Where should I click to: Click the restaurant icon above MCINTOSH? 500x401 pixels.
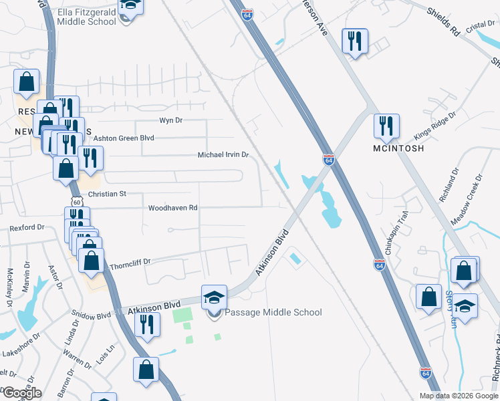[386, 126]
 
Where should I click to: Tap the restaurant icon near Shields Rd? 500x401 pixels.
[354, 41]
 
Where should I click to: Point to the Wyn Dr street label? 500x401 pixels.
[170, 120]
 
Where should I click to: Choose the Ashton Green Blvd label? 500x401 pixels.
[124, 138]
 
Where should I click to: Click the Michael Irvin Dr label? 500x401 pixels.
[223, 154]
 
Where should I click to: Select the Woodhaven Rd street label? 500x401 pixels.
[174, 208]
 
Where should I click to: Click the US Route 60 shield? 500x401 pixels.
[77, 201]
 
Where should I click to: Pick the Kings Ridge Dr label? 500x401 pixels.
[434, 124]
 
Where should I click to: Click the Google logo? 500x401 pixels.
[21, 393]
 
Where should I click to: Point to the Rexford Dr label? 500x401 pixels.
[27, 228]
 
